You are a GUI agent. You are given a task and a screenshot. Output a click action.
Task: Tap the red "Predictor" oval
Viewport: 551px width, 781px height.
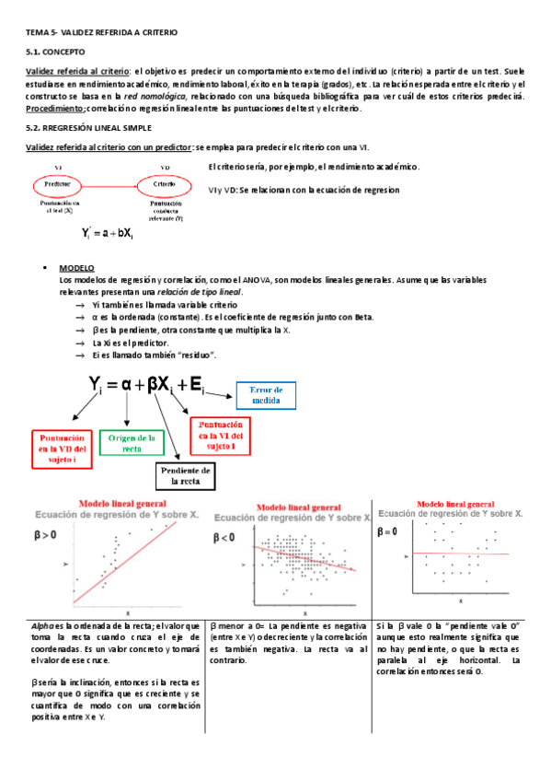coord(57,185)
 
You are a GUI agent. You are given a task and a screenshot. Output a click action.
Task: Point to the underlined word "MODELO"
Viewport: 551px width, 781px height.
coord(76,267)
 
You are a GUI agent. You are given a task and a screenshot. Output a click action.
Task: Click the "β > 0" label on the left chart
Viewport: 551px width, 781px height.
coord(46,533)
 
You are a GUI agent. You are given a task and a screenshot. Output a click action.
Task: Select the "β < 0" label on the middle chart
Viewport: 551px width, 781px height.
coord(226,536)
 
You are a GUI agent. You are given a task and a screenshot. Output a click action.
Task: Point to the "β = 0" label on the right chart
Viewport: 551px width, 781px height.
coord(387,531)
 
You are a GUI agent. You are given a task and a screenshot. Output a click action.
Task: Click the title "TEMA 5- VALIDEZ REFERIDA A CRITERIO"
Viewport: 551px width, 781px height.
coord(102,32)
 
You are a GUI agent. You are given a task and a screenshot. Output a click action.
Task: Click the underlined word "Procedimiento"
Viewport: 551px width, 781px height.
coord(56,108)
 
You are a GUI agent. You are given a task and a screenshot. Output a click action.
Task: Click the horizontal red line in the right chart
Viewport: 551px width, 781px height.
coord(460,553)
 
